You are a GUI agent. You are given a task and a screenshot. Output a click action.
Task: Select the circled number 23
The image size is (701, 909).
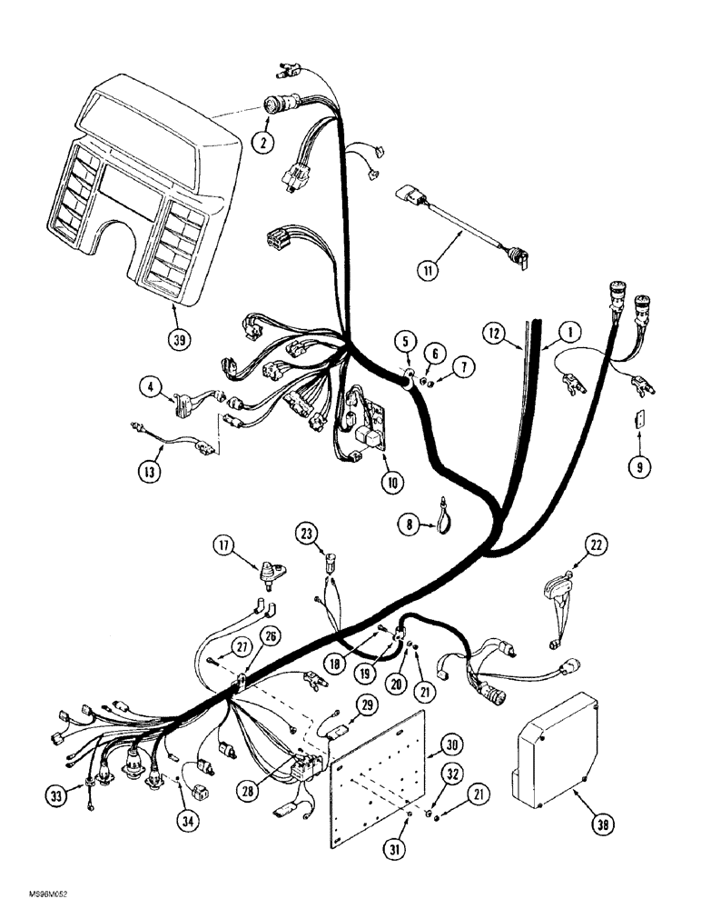coord(307,532)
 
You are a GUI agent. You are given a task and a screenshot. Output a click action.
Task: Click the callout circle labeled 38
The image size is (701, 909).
coord(578,825)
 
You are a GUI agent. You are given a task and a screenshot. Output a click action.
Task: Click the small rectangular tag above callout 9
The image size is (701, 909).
coord(638,419)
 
